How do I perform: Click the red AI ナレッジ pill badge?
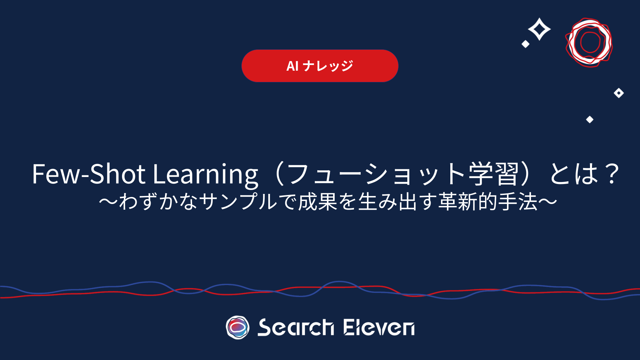coord(320,66)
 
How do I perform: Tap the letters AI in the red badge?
coord(292,66)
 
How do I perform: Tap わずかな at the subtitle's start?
coord(158,202)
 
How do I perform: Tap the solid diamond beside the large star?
coord(526,44)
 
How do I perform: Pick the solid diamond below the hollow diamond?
coord(590,119)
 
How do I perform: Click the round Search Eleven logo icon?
coord(238,327)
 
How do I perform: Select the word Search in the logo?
coord(296,327)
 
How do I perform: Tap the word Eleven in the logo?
coord(379,327)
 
